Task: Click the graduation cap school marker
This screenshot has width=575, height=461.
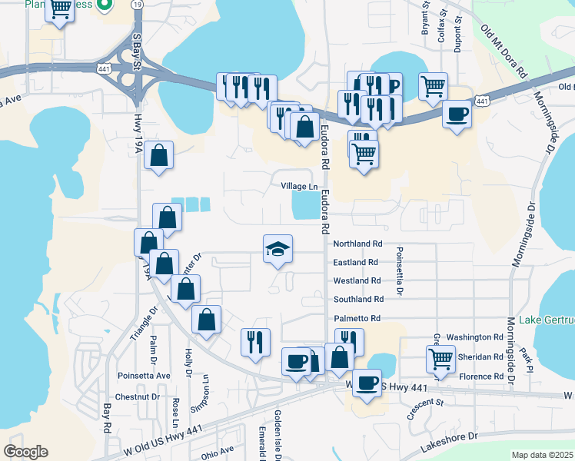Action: point(278,249)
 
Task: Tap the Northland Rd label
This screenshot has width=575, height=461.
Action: point(357,244)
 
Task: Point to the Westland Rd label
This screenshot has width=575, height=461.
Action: point(357,281)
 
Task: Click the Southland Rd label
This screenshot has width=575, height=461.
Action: point(358,300)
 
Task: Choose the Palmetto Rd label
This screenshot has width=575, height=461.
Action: point(357,318)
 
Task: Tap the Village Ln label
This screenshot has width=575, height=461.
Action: point(299,187)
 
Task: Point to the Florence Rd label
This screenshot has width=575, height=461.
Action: point(481,376)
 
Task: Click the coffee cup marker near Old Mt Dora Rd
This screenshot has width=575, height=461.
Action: point(457,115)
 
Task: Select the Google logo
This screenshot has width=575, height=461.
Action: point(25,452)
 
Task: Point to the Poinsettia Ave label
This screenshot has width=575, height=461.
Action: point(144,376)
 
